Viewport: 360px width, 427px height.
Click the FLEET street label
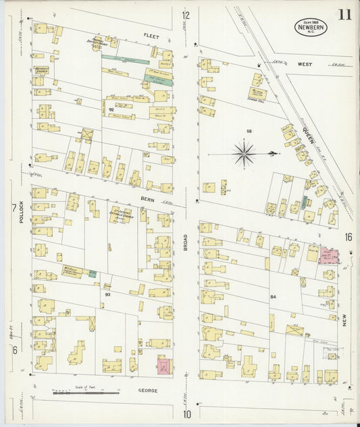pos(150,34)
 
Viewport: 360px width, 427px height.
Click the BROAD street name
pos(184,241)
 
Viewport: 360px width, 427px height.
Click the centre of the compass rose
pos(243,153)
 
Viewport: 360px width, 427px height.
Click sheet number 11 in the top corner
pos(344,15)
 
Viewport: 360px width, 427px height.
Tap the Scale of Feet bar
pos(86,391)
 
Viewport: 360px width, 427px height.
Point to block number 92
pos(110,109)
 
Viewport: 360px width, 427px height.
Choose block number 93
pos(107,294)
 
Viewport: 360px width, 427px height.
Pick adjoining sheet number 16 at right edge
pos(348,236)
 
